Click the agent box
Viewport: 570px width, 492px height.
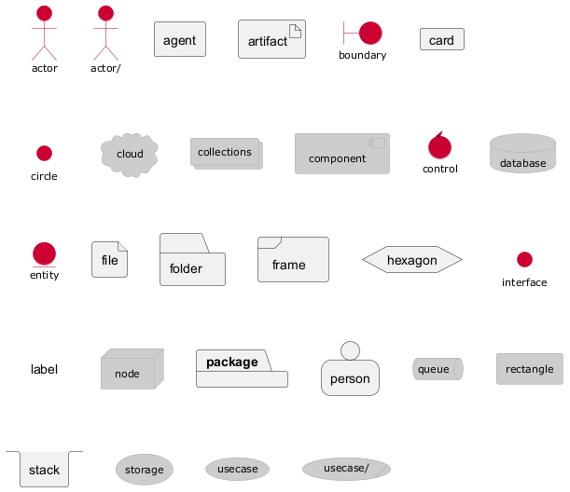click(180, 39)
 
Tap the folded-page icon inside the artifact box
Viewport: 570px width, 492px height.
click(295, 32)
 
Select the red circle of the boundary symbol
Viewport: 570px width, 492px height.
click(370, 33)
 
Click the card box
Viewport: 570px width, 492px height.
click(442, 39)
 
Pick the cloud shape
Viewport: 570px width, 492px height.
click(130, 156)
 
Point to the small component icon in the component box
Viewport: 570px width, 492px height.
click(377, 143)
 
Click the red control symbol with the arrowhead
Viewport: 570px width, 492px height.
click(439, 145)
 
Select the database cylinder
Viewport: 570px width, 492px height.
click(522, 153)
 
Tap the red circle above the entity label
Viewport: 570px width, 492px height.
click(45, 253)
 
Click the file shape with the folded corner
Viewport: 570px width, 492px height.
click(109, 260)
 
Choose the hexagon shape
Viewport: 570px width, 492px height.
click(412, 260)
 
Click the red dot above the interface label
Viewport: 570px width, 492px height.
click(524, 260)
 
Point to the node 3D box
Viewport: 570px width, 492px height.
click(132, 369)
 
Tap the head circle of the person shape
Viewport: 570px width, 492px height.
click(351, 350)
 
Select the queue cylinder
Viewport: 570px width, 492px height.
click(438, 369)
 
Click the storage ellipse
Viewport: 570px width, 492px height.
click(145, 470)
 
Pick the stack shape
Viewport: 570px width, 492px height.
click(45, 469)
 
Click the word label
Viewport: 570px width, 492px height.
click(44, 369)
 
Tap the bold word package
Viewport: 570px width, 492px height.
click(232, 362)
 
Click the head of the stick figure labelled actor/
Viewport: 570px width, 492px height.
click(105, 13)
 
